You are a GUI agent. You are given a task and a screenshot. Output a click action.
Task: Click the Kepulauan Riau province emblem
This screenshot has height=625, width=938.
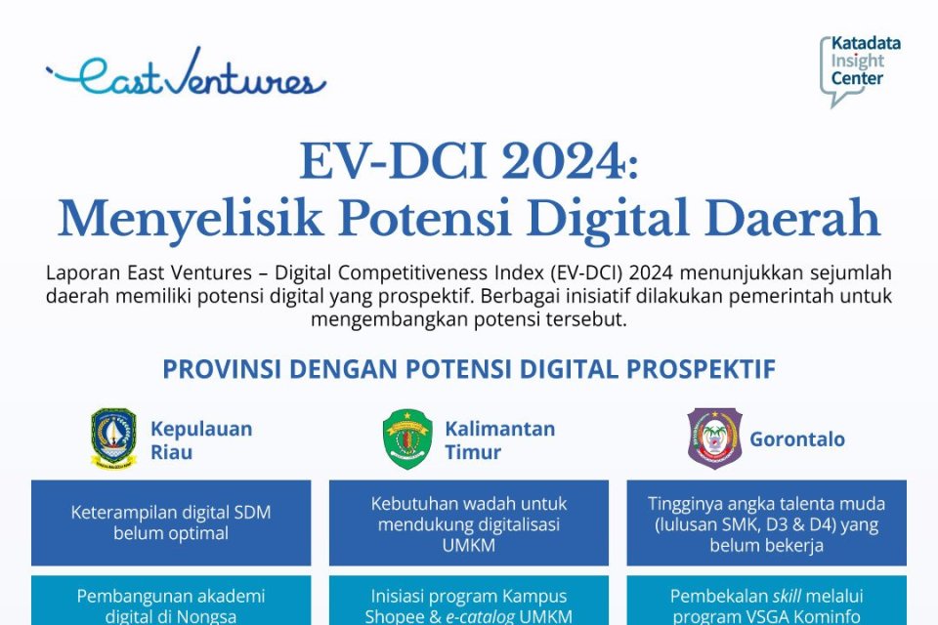coord(114,439)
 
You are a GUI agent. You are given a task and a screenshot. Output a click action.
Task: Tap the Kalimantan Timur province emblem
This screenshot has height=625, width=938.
coord(407,439)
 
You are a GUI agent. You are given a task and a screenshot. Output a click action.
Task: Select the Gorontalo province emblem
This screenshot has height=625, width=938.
coord(714,439)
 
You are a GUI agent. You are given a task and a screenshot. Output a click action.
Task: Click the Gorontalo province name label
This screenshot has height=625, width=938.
coord(797,439)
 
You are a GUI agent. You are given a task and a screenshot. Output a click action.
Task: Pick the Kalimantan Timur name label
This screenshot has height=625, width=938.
coord(499,440)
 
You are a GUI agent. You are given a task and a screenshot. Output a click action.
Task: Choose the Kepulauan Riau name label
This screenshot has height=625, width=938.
coord(200,440)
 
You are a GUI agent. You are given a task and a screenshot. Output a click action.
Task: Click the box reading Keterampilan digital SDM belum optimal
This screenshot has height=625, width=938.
coord(171,522)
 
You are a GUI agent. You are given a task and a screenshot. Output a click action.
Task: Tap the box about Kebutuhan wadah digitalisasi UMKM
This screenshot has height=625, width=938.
coord(469,522)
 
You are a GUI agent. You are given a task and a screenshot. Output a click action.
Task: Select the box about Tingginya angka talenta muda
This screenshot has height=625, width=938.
coord(766,522)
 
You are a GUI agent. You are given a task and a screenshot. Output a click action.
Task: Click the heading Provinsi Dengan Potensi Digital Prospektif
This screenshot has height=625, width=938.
coord(469,370)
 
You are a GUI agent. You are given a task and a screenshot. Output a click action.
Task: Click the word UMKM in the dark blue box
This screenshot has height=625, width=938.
coord(469,545)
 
